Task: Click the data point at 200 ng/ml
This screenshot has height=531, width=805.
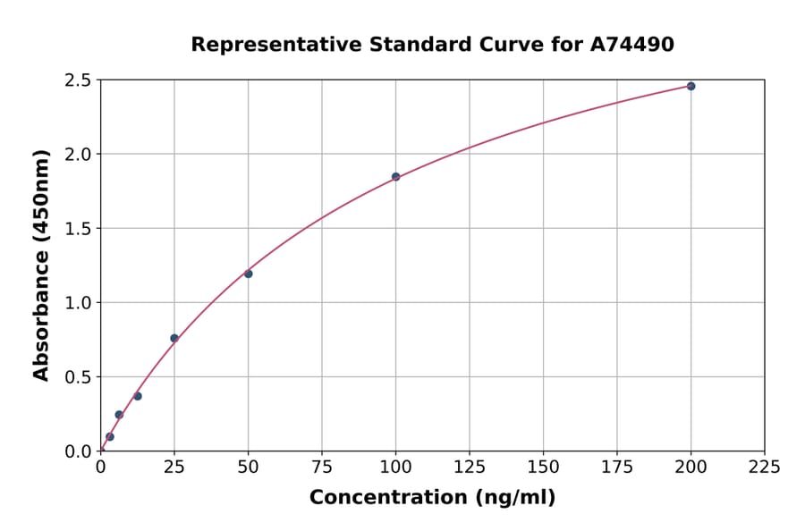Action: (691, 86)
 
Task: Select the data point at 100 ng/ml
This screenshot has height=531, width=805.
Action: (395, 177)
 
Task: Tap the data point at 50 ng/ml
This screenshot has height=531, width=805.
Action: (248, 274)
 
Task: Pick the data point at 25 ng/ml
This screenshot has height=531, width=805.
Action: (174, 338)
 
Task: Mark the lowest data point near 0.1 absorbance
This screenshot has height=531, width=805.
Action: (110, 437)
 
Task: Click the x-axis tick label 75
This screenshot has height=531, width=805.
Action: (322, 467)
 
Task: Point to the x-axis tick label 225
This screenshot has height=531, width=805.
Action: (765, 467)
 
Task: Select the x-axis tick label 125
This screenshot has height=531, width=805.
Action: (470, 467)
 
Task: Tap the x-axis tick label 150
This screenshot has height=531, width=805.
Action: (543, 467)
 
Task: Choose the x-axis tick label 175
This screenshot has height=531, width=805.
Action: (617, 467)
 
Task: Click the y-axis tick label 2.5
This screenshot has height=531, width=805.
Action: (79, 80)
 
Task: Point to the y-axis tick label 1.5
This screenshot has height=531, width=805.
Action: (79, 229)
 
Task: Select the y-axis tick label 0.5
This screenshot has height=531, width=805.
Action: (79, 377)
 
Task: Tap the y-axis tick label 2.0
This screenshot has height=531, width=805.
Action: (79, 155)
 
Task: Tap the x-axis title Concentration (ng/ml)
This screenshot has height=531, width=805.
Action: (432, 498)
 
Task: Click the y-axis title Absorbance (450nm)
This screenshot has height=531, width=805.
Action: (41, 265)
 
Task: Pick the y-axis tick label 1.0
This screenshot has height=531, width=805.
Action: (79, 303)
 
